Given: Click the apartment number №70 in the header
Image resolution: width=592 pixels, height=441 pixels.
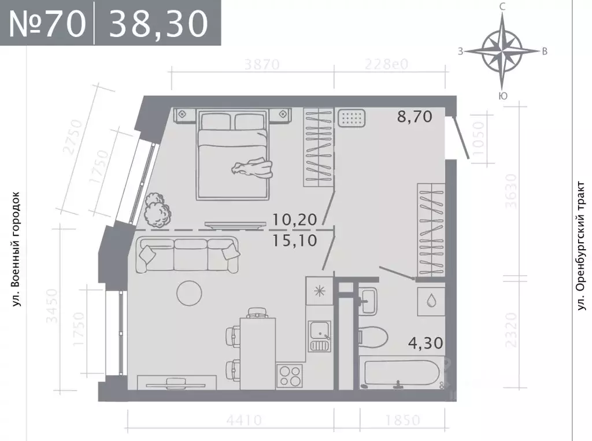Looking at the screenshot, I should pyautogui.click(x=47, y=24).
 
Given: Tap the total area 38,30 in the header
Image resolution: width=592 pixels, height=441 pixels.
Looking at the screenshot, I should pyautogui.click(x=158, y=24).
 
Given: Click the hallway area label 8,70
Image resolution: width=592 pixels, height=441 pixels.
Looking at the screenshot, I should pyautogui.click(x=415, y=117).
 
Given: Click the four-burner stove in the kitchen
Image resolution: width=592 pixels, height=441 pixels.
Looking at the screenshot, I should pyautogui.click(x=290, y=376).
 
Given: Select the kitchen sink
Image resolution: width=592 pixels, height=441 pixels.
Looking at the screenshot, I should pyautogui.click(x=319, y=332).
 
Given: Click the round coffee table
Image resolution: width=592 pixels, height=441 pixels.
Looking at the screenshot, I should pyautogui.click(x=191, y=293).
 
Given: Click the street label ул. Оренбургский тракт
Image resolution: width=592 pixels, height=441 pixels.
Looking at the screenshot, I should pyautogui.click(x=582, y=247).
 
